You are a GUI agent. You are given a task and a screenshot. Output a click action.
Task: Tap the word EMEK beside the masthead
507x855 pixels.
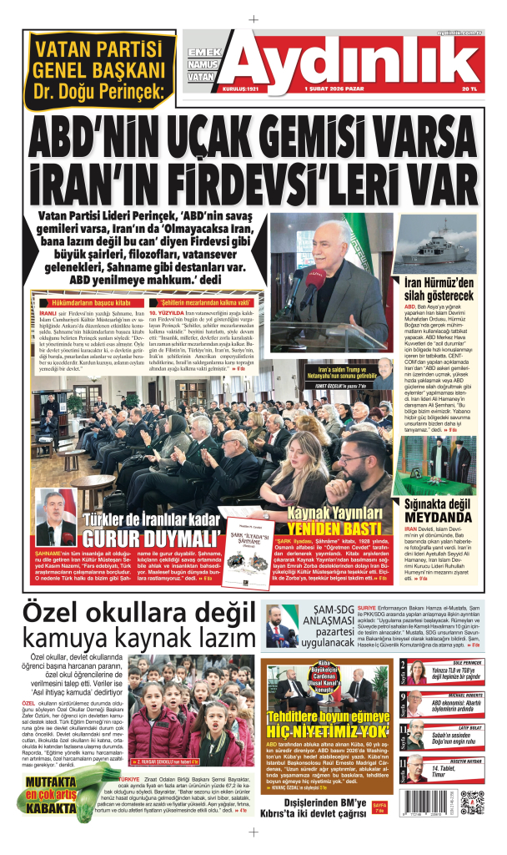(204, 52)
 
